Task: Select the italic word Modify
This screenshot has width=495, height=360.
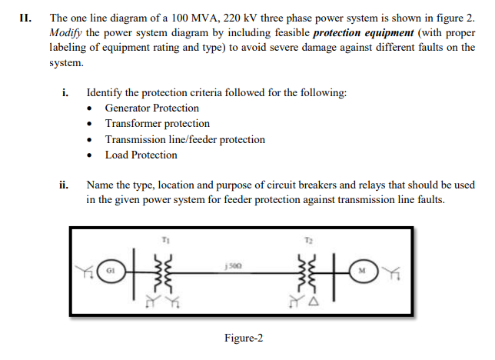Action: (65, 34)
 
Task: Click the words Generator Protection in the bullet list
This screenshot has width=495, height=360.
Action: (151, 108)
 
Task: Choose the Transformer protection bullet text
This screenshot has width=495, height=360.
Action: (157, 124)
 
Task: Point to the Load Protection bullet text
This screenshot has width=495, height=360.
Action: (141, 155)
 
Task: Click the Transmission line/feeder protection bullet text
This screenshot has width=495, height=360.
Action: (184, 139)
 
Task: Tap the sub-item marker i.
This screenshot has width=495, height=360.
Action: (65, 92)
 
